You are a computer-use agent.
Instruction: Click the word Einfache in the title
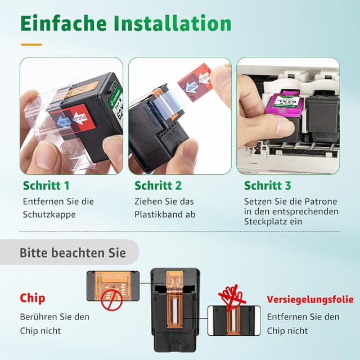click(62, 24)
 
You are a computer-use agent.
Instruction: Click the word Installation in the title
click(172, 24)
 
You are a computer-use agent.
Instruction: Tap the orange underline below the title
click(31, 44)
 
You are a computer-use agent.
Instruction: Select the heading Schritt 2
click(158, 186)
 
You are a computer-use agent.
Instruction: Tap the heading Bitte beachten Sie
click(73, 253)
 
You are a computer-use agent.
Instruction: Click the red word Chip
click(32, 298)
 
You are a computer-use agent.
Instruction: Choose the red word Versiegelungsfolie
click(310, 299)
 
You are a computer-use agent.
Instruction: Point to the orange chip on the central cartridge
click(174, 299)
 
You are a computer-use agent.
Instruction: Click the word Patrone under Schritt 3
click(323, 201)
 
